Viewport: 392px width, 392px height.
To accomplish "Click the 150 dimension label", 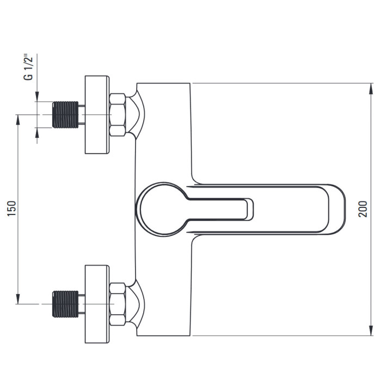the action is click(x=12, y=208).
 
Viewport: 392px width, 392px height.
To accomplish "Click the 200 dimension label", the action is click(x=363, y=209).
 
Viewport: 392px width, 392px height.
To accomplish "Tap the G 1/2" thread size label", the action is click(x=28, y=67).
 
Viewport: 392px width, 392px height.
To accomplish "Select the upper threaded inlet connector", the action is click(x=65, y=115).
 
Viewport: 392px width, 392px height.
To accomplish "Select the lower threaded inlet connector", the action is click(x=65, y=304).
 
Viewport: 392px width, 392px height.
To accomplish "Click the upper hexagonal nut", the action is click(x=118, y=115).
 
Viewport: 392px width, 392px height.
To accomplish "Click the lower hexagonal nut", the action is click(x=118, y=304).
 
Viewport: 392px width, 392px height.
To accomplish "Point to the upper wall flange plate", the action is click(x=97, y=114).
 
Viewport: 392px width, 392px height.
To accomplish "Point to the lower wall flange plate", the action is click(x=97, y=304).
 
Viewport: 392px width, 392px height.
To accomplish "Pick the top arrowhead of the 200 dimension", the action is click(x=371, y=88).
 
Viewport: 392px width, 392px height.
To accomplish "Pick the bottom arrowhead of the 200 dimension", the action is click(x=371, y=330).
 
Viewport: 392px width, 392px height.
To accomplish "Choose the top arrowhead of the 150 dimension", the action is click(x=18, y=120).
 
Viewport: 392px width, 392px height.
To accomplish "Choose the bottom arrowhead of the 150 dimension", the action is click(x=18, y=299).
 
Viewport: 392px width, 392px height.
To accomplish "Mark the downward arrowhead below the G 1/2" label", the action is click(x=37, y=96).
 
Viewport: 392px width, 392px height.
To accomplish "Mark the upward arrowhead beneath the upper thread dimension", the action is click(x=37, y=133).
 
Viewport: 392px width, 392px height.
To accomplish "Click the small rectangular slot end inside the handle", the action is click(x=249, y=210).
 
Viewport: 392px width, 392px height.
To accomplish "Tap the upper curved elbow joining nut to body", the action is click(x=136, y=114).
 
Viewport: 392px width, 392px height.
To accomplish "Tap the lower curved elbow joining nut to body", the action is click(x=136, y=304).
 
